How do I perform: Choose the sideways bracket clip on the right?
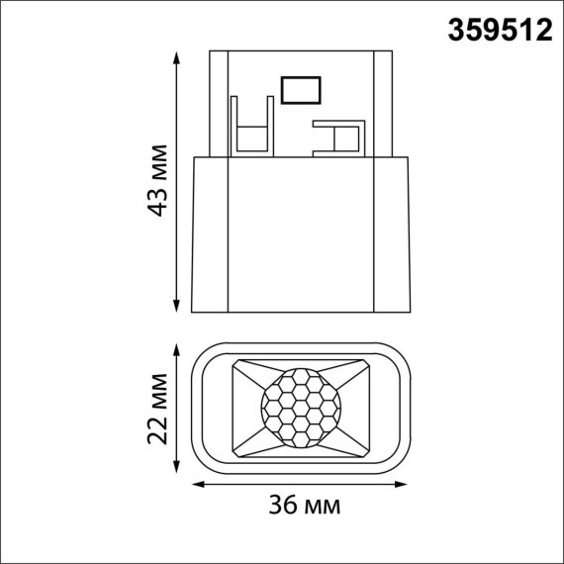(x=338, y=138)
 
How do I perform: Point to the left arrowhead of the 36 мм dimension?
(x=195, y=484)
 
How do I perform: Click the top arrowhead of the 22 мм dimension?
(x=177, y=348)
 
